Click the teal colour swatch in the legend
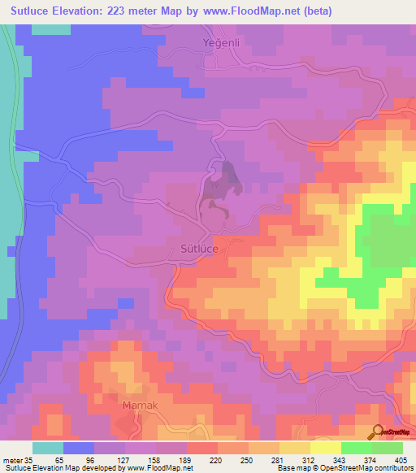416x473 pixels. pos(48,448)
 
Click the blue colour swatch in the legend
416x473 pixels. pos(79,448)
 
